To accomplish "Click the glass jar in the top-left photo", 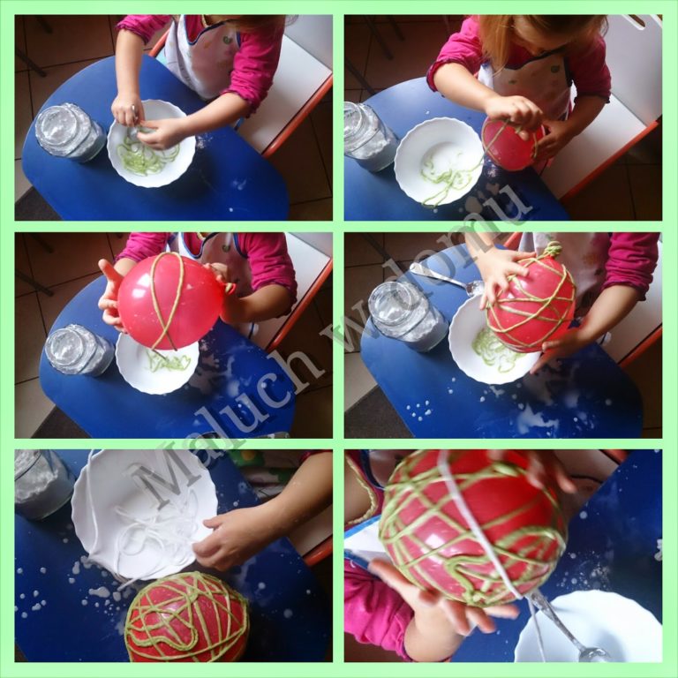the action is [69, 132].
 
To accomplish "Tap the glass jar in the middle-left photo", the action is [79, 350].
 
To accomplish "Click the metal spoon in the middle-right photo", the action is [445, 276].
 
